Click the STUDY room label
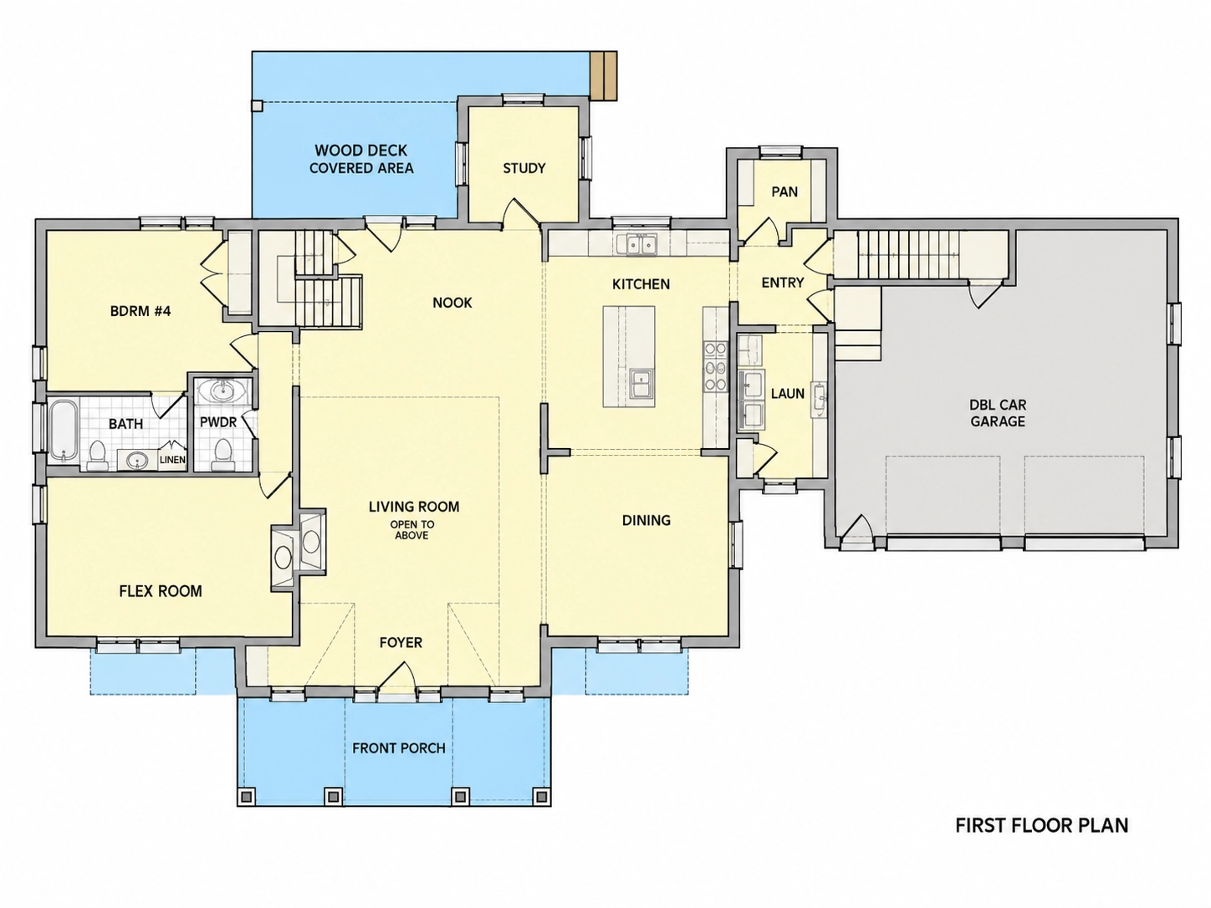point(524,168)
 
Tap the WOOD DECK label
point(360,150)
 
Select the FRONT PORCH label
point(398,748)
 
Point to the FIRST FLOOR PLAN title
point(1041,825)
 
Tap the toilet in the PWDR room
point(222,454)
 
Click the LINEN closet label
point(172,459)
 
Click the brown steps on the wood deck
point(603,75)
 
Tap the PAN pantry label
point(784,191)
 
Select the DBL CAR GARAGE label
point(998,413)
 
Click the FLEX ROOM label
point(161,592)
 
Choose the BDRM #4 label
point(141,311)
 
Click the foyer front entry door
point(396,676)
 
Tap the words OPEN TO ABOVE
point(412,530)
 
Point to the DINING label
point(646,520)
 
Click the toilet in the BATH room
point(98,456)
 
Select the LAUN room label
point(787,394)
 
